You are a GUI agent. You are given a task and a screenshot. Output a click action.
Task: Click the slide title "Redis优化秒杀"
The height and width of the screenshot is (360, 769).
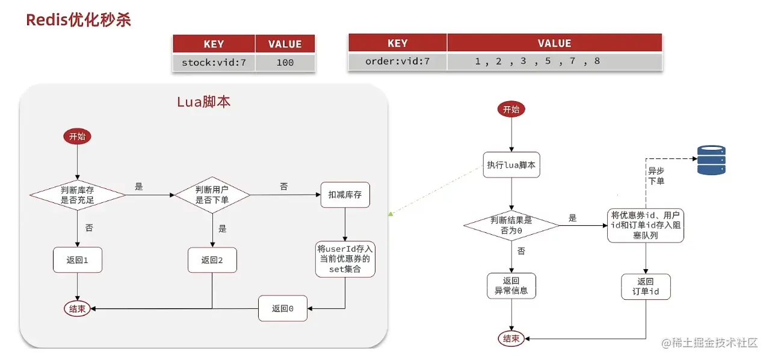[78, 20]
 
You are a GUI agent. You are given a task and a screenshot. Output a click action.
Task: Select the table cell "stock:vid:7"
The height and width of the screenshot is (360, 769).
[214, 62]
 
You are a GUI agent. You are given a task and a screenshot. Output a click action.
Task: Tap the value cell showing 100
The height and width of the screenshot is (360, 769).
[285, 62]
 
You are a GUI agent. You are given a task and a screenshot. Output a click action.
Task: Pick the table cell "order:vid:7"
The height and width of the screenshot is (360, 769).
[397, 61]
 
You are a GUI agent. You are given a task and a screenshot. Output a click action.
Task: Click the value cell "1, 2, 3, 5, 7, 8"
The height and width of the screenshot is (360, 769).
[554, 61]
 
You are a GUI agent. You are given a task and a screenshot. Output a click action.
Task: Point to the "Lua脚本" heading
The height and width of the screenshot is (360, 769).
[203, 102]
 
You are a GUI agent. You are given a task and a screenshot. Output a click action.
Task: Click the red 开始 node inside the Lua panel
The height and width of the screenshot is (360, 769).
[78, 137]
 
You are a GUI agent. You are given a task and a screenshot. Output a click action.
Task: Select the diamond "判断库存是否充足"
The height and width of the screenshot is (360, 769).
[78, 195]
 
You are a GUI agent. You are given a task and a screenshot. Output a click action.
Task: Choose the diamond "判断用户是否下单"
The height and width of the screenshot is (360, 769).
[212, 195]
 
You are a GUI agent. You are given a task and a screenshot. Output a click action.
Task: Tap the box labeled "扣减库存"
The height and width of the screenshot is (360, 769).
[345, 194]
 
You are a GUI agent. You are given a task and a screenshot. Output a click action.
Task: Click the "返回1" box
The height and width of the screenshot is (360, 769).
[78, 260]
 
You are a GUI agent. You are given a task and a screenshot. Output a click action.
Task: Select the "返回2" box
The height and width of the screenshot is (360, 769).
[212, 260]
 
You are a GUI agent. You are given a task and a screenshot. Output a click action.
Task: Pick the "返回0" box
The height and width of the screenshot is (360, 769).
[283, 308]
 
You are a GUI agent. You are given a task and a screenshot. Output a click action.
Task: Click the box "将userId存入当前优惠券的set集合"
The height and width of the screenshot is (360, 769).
[345, 259]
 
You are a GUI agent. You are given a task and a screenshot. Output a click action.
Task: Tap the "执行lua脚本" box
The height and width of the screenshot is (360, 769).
[511, 164]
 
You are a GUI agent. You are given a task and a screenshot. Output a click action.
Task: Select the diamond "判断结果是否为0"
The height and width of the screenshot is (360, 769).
[511, 225]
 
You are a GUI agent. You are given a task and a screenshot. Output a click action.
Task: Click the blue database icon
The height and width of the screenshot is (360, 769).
[711, 160]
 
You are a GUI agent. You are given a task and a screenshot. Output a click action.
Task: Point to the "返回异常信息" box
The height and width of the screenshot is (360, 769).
[511, 286]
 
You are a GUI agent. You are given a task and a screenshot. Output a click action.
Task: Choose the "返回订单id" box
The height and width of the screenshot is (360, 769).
[646, 286]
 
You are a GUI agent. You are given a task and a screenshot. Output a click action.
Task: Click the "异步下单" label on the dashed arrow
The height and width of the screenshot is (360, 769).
[656, 175]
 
